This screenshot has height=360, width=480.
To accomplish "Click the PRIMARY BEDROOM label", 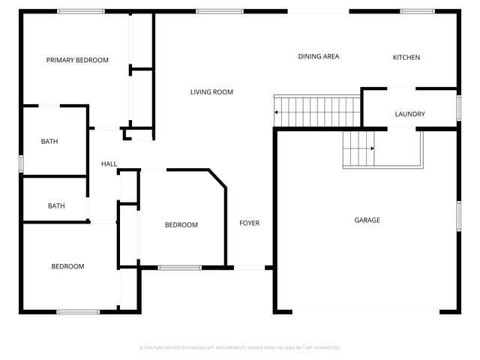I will pos(77,60).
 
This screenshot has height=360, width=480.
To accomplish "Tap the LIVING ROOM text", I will pos(211,92).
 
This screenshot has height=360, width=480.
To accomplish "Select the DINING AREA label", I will pos(319,56).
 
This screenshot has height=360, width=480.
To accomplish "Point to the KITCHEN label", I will pos(406,58).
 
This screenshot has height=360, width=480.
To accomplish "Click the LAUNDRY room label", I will pos(409,114).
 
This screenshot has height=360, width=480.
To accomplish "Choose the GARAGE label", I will pos(367,220).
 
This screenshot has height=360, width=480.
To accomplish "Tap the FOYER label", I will pos(250,223).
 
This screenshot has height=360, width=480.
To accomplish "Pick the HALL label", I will pos(109,163).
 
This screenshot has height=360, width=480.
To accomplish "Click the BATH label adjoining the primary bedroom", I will pos(49,141).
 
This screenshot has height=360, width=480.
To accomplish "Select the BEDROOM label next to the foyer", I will pos(181,225).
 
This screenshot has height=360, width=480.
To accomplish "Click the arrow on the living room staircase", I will pos(278,112).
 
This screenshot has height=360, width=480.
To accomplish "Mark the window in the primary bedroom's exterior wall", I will pos(81,11).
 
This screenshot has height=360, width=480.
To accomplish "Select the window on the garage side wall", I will pos(458,215).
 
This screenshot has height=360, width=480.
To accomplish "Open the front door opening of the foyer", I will pos(253,267).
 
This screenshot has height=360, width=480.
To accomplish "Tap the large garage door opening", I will pos(366,311).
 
